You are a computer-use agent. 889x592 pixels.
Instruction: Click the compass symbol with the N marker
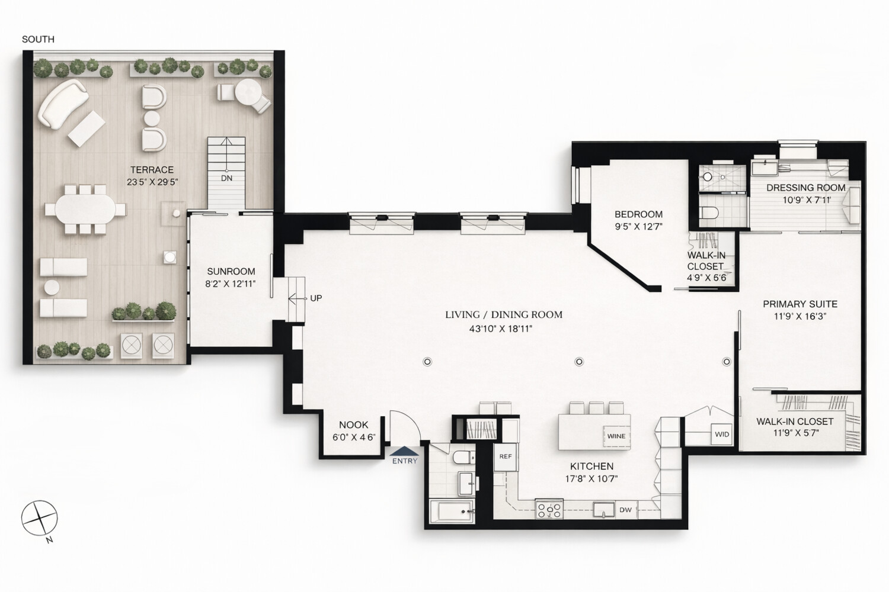tap(39, 518)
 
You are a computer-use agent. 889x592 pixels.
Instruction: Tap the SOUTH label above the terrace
tap(38, 39)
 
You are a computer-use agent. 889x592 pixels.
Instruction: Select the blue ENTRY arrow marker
tap(405, 451)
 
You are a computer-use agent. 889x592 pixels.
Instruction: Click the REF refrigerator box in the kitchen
tap(505, 457)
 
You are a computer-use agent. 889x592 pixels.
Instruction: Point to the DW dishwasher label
tap(625, 510)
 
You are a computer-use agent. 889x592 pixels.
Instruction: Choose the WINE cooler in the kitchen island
tap(616, 436)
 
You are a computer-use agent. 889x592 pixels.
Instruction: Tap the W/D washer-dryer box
tap(722, 434)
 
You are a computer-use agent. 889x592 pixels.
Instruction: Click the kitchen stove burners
tap(549, 509)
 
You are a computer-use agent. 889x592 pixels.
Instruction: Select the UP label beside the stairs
tap(316, 298)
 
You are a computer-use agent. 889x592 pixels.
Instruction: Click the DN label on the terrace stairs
tap(226, 178)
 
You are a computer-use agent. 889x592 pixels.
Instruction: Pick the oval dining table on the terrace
tap(85, 209)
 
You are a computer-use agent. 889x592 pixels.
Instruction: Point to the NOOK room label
tap(354, 425)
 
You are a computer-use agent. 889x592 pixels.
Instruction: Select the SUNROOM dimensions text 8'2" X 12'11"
tap(231, 284)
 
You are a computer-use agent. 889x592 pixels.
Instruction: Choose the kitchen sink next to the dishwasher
tap(604, 510)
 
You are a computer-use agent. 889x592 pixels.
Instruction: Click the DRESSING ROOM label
tap(805, 188)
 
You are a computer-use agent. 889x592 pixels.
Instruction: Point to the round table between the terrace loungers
tap(52, 287)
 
